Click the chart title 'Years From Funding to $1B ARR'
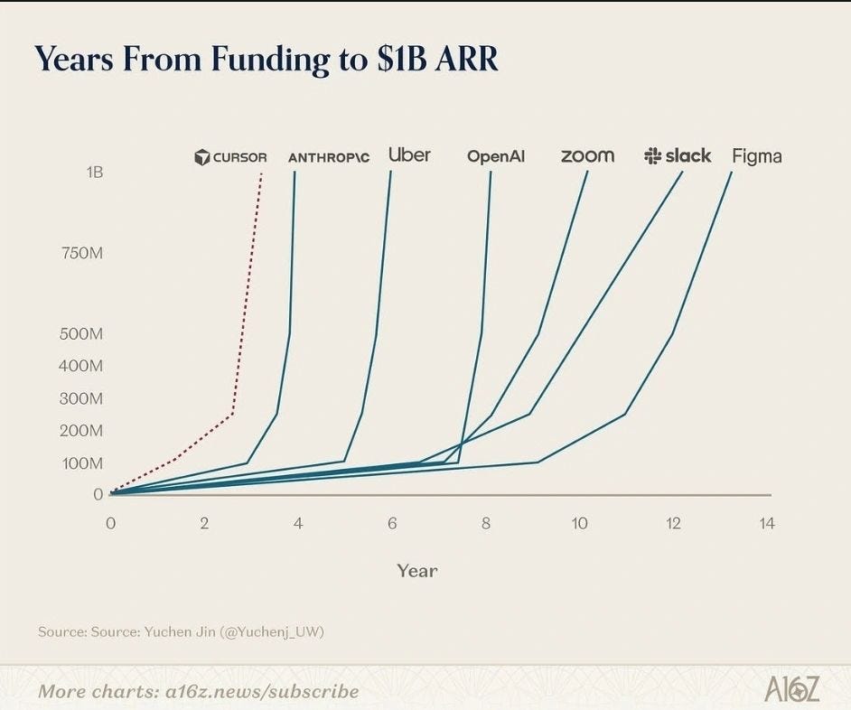click(266, 60)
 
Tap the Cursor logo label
click(230, 157)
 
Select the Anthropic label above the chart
click(329, 157)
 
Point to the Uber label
click(410, 155)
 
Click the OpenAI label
click(496, 157)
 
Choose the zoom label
click(588, 156)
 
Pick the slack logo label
click(678, 155)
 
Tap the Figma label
click(757, 156)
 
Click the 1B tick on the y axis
click(94, 172)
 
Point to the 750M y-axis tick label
click(82, 253)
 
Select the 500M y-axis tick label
click(81, 333)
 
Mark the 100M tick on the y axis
click(82, 463)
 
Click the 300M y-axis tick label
click(81, 398)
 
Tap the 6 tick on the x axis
click(392, 523)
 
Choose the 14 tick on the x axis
click(767, 523)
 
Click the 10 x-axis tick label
click(580, 523)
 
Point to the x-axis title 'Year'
click(416, 571)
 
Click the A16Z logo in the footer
click(792, 689)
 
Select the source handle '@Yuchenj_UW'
click(273, 631)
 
